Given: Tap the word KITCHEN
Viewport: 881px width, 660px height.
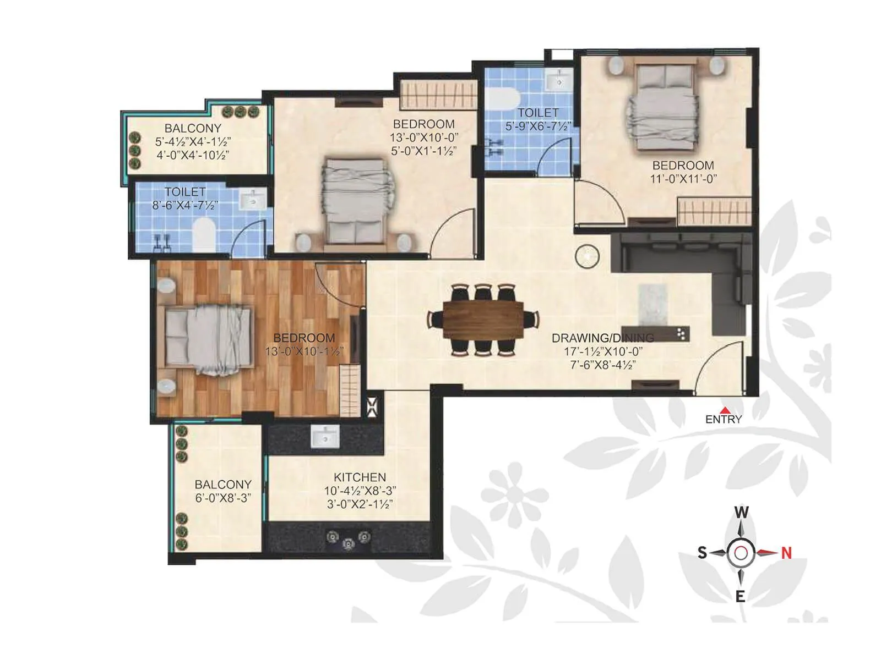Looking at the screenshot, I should click(x=360, y=477).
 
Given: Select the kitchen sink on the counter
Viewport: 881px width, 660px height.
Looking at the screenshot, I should click(x=325, y=437).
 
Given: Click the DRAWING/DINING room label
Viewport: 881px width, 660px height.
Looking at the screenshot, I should click(x=602, y=338).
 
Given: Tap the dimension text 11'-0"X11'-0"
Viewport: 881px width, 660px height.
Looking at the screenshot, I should click(x=683, y=179).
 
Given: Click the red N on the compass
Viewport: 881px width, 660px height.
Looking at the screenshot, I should click(x=786, y=553).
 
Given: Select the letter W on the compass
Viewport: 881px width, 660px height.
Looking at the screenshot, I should click(x=741, y=513).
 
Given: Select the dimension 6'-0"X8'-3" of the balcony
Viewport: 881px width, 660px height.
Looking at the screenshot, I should click(x=222, y=498).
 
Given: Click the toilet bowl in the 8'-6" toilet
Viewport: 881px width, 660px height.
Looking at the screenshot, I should click(x=203, y=234).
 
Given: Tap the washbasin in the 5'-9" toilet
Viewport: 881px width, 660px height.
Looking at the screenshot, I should click(x=559, y=81).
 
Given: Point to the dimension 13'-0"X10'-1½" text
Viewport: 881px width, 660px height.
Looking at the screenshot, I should click(x=304, y=351).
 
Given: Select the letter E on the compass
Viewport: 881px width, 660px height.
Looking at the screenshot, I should click(x=741, y=596).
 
